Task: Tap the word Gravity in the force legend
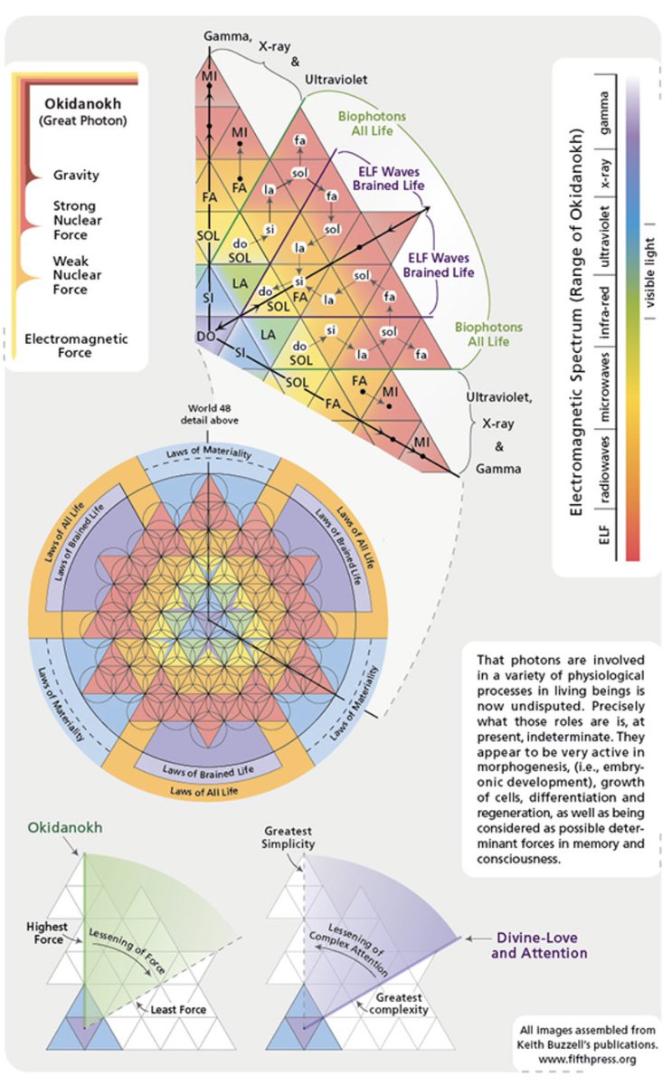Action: (76, 175)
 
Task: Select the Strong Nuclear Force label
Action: (76, 220)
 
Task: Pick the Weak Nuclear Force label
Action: (76, 275)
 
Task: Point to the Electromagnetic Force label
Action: (76, 346)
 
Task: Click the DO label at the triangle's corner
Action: (205, 337)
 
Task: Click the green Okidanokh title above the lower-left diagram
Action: (64, 827)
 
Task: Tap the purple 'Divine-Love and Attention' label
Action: (541, 946)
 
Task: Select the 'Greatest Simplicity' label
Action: (289, 837)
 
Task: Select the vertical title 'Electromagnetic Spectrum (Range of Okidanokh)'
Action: (573, 321)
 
